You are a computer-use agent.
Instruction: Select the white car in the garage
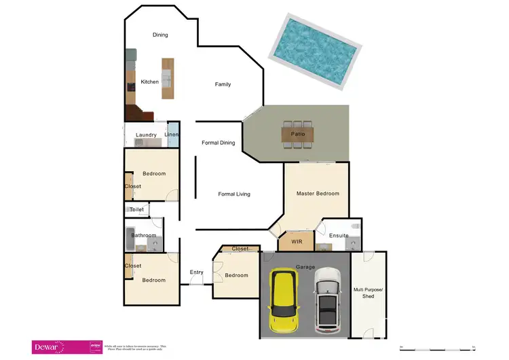[x=327, y=300]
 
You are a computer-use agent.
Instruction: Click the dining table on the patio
[x=298, y=134]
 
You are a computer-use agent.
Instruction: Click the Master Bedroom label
[x=318, y=194]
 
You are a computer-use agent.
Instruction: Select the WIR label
[x=297, y=242]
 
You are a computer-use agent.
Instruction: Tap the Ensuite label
[x=339, y=236]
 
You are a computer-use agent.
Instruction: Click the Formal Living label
[x=234, y=194]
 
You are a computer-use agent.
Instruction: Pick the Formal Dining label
[x=219, y=143]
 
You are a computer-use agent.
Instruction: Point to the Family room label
[x=223, y=85]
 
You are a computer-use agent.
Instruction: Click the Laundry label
[x=146, y=135]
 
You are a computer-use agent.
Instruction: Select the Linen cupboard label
[x=172, y=134]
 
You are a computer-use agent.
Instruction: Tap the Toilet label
[x=137, y=210]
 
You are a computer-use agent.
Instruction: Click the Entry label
[x=197, y=272]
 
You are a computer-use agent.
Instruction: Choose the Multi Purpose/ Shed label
[x=368, y=293]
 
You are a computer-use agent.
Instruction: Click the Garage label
[x=305, y=266]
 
